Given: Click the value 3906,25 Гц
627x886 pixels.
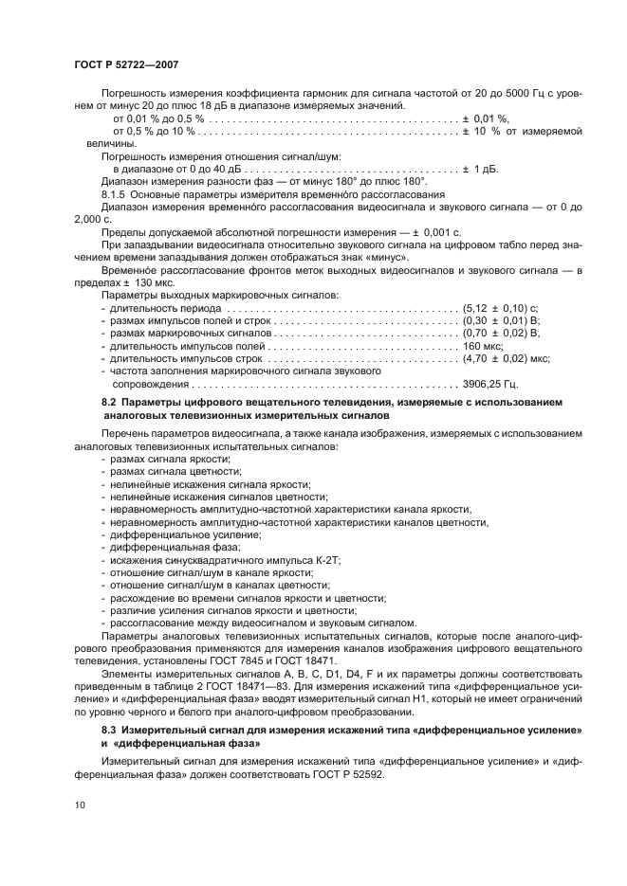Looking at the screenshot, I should pos(489,384).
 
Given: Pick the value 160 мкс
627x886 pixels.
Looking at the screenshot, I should pos(481,347).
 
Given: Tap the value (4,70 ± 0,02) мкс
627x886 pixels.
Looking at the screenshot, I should pos(506,359).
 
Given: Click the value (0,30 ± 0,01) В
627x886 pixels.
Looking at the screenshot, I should pos(500,321).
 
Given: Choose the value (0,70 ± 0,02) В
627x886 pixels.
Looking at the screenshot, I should pos(500,334).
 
